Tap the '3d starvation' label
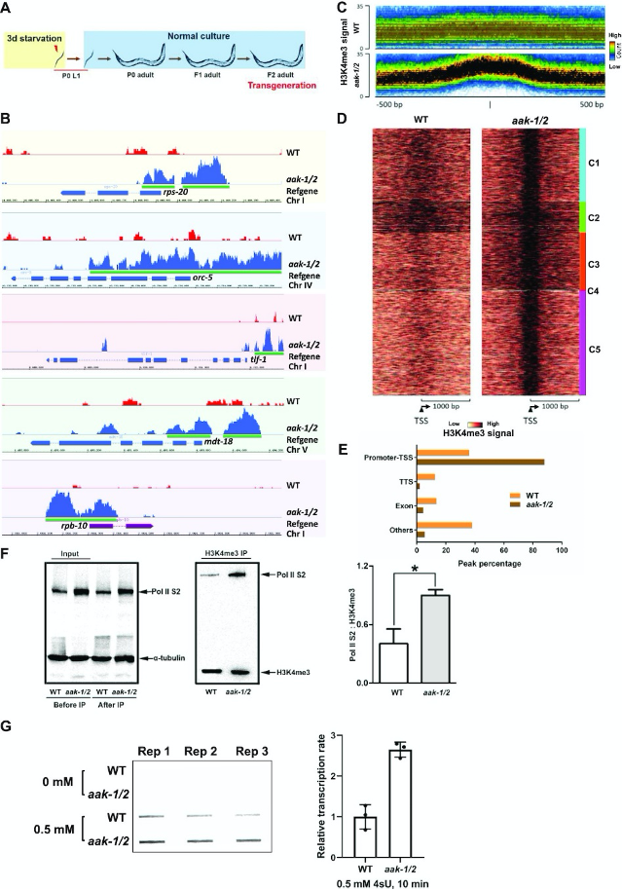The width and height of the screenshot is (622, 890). click(x=35, y=38)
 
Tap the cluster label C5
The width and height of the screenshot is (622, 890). click(x=592, y=345)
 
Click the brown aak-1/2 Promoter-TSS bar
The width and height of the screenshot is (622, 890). click(x=480, y=462)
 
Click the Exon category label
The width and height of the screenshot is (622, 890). click(x=402, y=504)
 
